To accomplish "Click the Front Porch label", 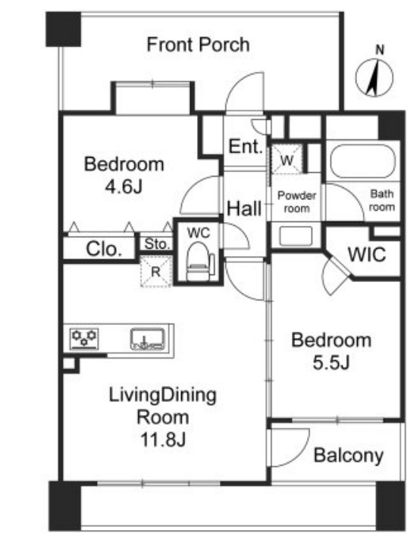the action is tap(198, 45).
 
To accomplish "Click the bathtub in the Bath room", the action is tap(362, 161).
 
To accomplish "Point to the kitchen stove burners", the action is tap(84, 338).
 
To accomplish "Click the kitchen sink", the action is tap(147, 339).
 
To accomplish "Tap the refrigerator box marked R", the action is tap(156, 271).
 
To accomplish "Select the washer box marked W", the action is tap(287, 160).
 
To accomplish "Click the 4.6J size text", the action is tap(124, 187).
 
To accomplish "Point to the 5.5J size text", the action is tap(331, 362).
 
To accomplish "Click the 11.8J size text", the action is tap(163, 440).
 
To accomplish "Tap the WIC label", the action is tap(367, 255).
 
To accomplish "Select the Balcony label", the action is tap(349, 456).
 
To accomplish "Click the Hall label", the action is tap(244, 208).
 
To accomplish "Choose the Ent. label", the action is tap(246, 146).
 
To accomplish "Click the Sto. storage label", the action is tap(157, 244).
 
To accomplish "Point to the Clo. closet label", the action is tap(104, 249).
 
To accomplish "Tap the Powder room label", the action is tap(296, 202).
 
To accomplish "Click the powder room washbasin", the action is tap(296, 236).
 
